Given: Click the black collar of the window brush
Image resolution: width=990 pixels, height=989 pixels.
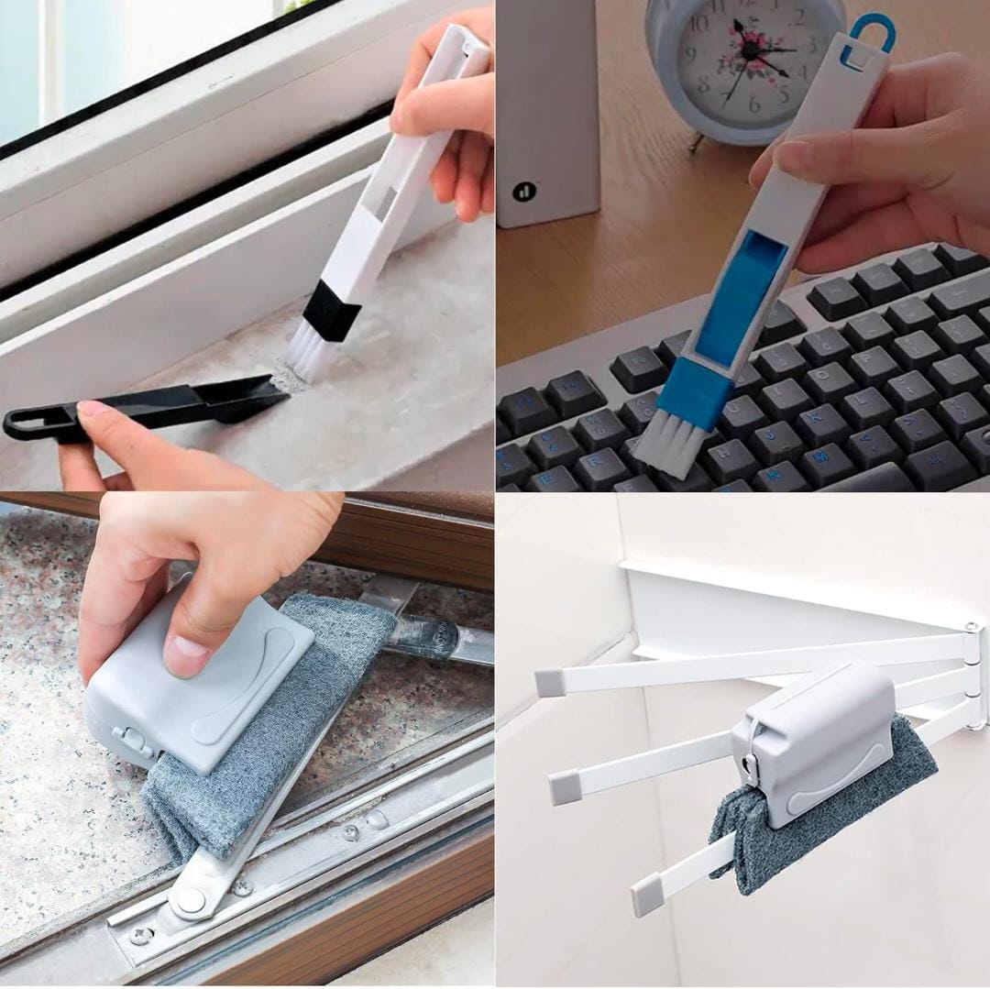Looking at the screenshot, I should point(331,312).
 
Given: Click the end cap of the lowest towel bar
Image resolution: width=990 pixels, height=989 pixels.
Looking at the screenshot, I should point(646,896).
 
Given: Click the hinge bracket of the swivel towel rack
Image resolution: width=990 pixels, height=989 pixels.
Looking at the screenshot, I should point(973,674).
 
